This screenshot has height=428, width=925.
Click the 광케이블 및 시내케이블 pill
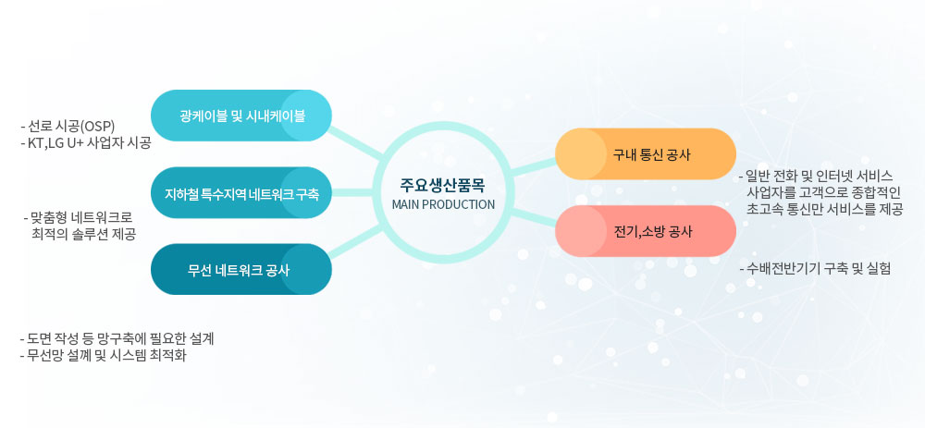(x=241, y=116)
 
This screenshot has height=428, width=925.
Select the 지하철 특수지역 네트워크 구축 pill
(x=241, y=193)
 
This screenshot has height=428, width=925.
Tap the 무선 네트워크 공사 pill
(x=241, y=269)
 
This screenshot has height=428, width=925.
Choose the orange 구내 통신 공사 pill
(x=646, y=153)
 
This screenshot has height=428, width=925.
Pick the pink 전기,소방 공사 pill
(x=646, y=231)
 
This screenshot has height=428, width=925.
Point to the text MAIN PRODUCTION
(x=443, y=204)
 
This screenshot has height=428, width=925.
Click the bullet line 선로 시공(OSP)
(x=68, y=126)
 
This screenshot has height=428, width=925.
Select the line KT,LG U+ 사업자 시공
(x=85, y=142)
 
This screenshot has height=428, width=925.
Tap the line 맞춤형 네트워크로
(x=78, y=217)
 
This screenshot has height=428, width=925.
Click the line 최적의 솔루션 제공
(x=85, y=234)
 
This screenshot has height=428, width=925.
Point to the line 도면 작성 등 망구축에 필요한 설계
(x=117, y=339)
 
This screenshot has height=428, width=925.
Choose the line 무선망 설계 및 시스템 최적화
(x=106, y=356)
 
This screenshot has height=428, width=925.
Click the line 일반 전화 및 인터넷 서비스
(x=816, y=176)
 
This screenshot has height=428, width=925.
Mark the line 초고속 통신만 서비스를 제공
(x=825, y=209)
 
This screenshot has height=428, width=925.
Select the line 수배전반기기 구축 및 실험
(x=815, y=269)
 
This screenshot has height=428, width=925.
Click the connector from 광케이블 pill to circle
(x=357, y=142)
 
